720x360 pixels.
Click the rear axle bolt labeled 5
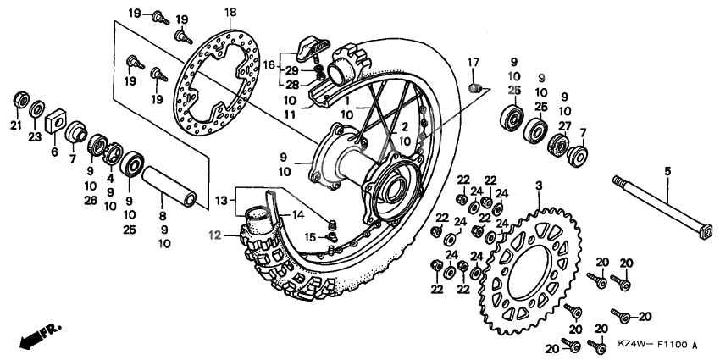[662, 208]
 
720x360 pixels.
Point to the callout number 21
[15, 126]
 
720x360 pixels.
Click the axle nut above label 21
[19, 100]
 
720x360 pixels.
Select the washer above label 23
[38, 109]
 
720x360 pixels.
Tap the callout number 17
[473, 61]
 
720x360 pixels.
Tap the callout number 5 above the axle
[667, 171]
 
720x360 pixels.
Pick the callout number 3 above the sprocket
[537, 184]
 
